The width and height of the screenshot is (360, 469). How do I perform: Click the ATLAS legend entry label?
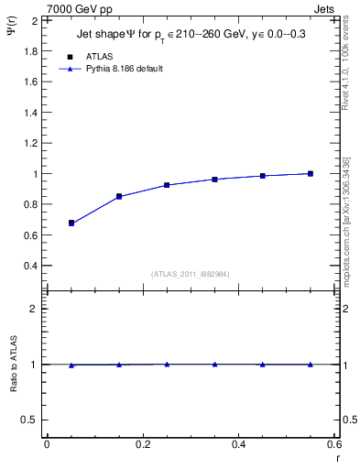tap(100, 55)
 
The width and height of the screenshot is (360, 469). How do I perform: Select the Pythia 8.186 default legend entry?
tap(125, 69)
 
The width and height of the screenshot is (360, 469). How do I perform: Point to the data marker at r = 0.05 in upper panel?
tap(71, 223)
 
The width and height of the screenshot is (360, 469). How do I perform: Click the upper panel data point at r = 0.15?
tap(119, 196)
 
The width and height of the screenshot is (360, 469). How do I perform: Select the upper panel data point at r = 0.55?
tap(311, 173)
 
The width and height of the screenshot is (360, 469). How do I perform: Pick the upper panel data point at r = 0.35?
tap(214, 180)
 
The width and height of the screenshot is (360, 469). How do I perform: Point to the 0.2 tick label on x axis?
tap(142, 443)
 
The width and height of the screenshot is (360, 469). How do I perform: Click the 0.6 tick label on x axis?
tap(333, 443)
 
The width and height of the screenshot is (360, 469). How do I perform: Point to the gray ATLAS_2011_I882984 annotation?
tap(190, 274)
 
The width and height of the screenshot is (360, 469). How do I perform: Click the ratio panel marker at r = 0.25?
tap(167, 364)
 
